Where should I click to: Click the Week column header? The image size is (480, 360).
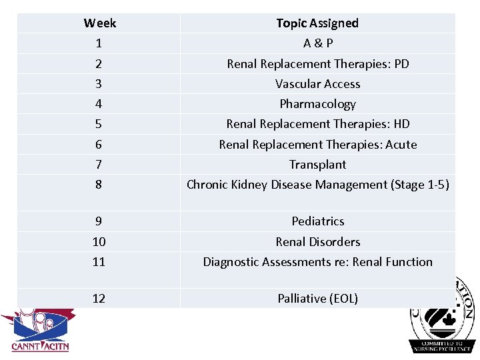click(99, 23)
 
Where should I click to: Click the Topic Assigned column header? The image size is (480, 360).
click(317, 23)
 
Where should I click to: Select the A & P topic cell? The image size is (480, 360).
click(317, 43)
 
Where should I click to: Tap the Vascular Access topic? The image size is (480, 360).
click(317, 84)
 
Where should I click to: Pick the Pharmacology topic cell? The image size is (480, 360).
click(317, 104)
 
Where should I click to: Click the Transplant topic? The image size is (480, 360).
click(317, 165)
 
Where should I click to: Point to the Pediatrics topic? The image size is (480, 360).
click(317, 221)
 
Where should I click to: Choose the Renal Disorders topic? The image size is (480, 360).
click(317, 242)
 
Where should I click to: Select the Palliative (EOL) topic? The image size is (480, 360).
click(317, 299)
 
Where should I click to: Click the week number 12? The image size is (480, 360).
click(99, 299)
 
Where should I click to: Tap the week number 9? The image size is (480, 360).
click(99, 221)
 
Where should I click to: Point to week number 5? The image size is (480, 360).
click(99, 124)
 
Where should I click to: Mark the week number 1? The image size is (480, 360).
click(99, 43)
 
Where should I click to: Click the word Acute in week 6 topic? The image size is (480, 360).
click(401, 145)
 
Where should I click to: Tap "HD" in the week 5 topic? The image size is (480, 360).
click(401, 124)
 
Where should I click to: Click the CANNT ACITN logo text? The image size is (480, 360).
click(40, 346)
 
